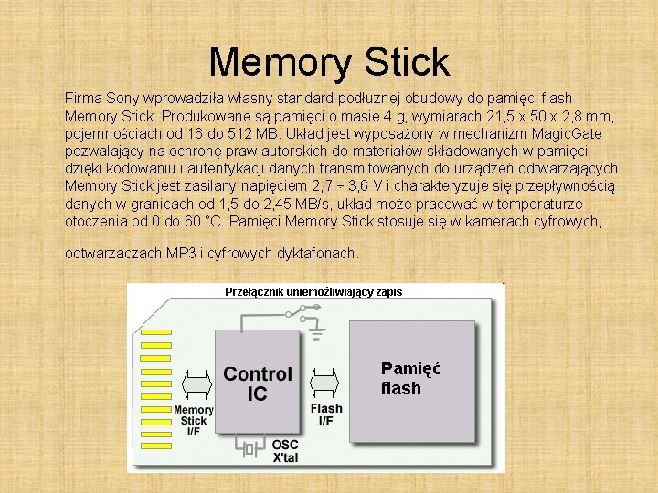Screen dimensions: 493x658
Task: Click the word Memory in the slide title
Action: point(275,62)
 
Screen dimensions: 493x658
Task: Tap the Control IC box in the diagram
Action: point(258,383)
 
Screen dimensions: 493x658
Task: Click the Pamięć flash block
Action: point(413,379)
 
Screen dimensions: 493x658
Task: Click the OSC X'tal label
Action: point(285,449)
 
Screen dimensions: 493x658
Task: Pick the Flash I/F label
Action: point(326,414)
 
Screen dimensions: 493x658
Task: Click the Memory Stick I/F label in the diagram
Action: point(193,421)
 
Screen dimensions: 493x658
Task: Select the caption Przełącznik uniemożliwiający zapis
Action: point(313,292)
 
